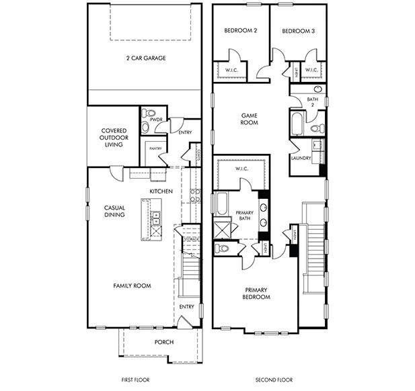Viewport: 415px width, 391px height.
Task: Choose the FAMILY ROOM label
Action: pos(132,286)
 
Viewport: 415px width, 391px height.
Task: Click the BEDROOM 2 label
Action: pos(240,31)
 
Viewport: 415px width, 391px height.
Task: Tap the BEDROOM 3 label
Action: pos(297,31)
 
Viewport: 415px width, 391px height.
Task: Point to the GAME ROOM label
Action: pos(250,119)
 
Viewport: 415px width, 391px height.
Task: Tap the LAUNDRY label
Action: pos(301,159)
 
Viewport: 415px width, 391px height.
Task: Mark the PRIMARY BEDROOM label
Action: pos(256,293)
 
